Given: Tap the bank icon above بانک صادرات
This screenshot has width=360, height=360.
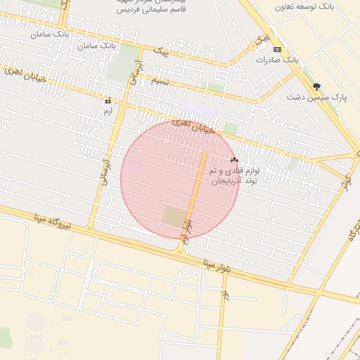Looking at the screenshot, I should click(x=277, y=49).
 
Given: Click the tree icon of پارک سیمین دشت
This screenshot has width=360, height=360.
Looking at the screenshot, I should click(x=316, y=86).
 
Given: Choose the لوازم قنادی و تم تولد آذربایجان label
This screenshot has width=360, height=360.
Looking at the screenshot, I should click(x=235, y=175).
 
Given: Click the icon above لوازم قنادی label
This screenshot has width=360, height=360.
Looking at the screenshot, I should click(x=234, y=160).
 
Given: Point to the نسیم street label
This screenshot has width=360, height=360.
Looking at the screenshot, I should click(x=160, y=82).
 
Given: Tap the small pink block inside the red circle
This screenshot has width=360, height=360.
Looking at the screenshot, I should click(x=136, y=167).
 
